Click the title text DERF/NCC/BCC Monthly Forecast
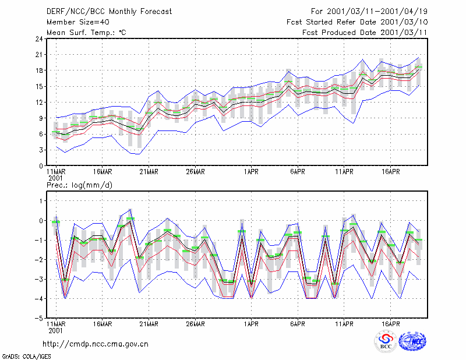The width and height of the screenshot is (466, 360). click(x=109, y=12)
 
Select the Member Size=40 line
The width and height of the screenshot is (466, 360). click(x=78, y=22)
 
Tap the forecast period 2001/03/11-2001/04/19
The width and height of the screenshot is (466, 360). click(x=377, y=12)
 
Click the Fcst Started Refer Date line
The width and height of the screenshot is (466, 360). click(x=357, y=22)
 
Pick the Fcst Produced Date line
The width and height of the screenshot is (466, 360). click(x=365, y=33)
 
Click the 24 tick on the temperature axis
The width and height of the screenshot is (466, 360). click(x=39, y=39)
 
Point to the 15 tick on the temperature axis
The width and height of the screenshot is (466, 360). click(x=39, y=87)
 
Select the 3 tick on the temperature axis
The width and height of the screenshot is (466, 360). click(x=41, y=150)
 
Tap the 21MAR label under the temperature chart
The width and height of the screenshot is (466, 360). click(x=149, y=172)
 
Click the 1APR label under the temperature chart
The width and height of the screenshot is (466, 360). click(x=251, y=172)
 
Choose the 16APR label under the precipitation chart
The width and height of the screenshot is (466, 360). click(x=390, y=324)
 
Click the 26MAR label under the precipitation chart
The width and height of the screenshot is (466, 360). click(x=195, y=324)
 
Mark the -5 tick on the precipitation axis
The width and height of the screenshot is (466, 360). click(x=39, y=318)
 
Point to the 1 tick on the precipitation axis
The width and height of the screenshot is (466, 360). click(x=41, y=201)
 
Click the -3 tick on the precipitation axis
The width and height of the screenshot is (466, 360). click(x=39, y=279)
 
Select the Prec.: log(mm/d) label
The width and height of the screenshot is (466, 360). click(x=80, y=185)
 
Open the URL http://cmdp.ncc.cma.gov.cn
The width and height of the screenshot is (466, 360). click(x=96, y=344)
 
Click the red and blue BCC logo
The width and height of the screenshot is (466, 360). click(x=386, y=341)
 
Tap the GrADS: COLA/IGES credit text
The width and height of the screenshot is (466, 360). click(x=27, y=357)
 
